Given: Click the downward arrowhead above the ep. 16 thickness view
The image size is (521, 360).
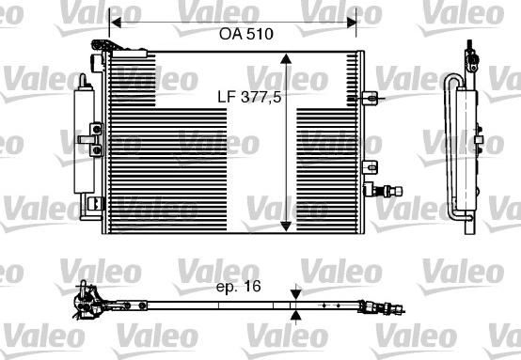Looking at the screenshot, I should coord(296,293).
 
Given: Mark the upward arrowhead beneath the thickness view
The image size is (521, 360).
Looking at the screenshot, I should coord(296,317).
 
